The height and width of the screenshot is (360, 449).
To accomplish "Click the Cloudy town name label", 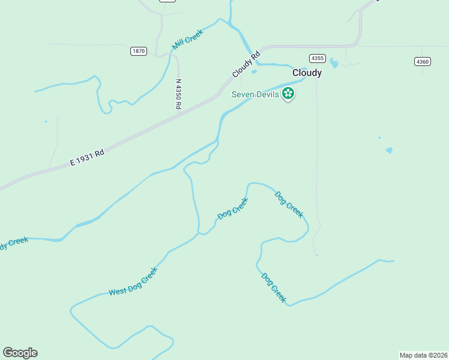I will pyautogui.click(x=307, y=73).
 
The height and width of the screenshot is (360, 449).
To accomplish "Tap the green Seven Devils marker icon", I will pyautogui.click(x=289, y=94).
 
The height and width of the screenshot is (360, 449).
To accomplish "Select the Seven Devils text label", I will pyautogui.click(x=256, y=94).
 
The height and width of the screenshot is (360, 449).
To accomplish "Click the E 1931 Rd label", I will pyautogui.click(x=87, y=157).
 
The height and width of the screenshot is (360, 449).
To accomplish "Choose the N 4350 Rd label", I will pyautogui.click(x=178, y=94).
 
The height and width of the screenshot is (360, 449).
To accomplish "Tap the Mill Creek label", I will pyautogui.click(x=188, y=40).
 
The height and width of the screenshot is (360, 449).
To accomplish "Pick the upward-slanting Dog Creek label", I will pyautogui.click(x=232, y=208).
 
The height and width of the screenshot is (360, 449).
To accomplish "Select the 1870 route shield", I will pyautogui.click(x=139, y=51).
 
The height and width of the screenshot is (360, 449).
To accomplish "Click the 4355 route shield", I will pyautogui.click(x=318, y=58).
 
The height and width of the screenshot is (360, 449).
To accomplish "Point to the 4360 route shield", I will pyautogui.click(x=423, y=61).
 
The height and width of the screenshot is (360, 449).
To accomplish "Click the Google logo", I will pyautogui.click(x=20, y=353).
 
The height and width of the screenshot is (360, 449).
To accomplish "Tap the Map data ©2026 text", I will pyautogui.click(x=423, y=355).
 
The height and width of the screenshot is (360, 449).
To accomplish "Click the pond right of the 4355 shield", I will pyautogui.click(x=334, y=63).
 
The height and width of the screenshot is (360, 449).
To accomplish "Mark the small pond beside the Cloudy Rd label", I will pyautogui.click(x=255, y=72).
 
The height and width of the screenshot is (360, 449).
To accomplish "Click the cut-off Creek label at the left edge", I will pyautogui.click(x=13, y=242).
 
